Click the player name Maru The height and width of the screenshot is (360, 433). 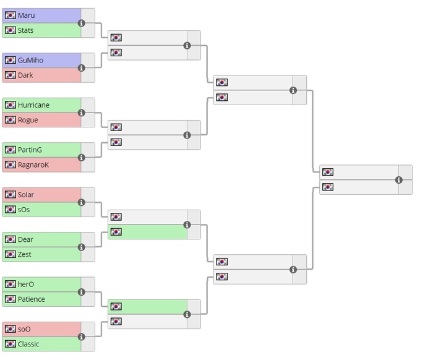[26, 15]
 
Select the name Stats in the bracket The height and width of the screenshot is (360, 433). [25, 30]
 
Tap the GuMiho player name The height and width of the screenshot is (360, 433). [30, 60]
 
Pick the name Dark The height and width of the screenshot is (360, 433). [25, 75]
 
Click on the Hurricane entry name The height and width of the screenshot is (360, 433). [33, 105]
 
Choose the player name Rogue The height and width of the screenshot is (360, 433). [28, 120]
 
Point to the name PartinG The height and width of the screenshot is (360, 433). [30, 150]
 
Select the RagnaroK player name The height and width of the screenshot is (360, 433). [33, 165]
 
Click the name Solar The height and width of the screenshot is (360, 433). [26, 195]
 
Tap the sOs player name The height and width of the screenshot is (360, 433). [24, 210]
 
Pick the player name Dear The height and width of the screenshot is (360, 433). [25, 239]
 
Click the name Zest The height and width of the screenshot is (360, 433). [25, 254]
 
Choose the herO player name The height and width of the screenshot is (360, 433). [26, 284]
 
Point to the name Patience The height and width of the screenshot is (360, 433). [31, 299]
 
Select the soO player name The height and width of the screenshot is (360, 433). [24, 329]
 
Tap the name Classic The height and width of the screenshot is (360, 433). [28, 344]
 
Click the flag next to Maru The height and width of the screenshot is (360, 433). [11, 15]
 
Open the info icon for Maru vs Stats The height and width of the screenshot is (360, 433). [81, 23]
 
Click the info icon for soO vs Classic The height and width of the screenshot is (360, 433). [81, 336]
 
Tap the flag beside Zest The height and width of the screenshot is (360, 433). [11, 254]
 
